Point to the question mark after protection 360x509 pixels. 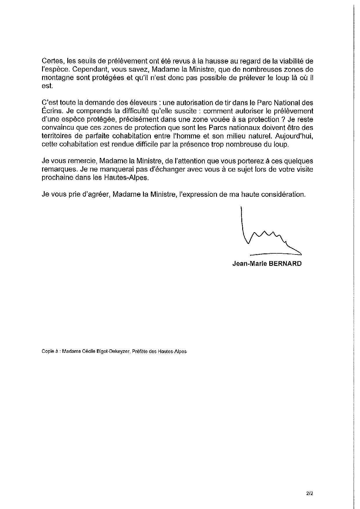(x=279, y=119)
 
